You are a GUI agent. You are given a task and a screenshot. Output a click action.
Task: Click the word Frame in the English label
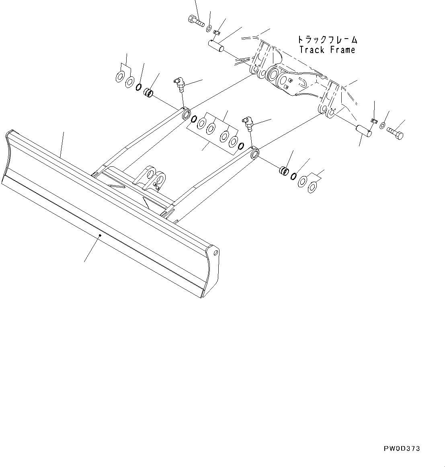click(342, 50)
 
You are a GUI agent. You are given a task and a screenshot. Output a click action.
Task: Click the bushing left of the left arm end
click(148, 94)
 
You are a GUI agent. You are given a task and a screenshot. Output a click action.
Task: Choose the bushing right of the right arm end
click(283, 170)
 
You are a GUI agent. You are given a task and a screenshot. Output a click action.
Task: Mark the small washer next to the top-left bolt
click(209, 28)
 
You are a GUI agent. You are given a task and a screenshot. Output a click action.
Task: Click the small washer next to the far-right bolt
click(381, 127)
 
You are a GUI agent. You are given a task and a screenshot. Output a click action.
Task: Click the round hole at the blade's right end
click(216, 253)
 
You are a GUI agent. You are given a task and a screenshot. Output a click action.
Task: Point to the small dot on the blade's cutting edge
click(100, 236)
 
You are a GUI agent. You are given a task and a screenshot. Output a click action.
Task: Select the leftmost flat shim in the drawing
click(120, 76)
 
